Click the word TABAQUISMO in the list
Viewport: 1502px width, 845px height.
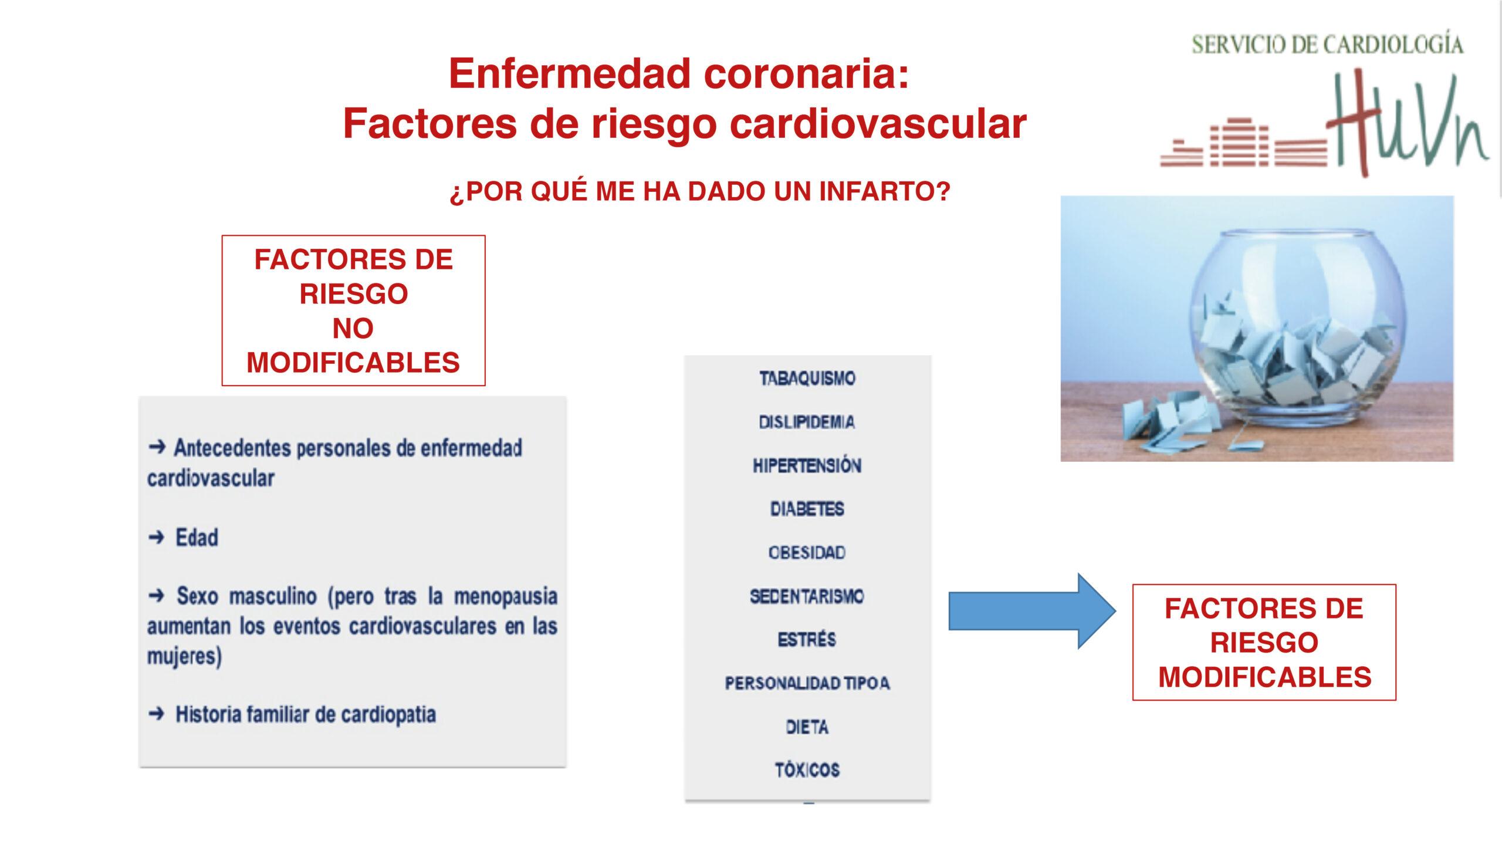[807, 378]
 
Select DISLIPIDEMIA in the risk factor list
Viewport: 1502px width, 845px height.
[807, 422]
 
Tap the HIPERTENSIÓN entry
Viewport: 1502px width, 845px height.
[807, 465]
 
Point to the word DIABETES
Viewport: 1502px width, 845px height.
[807, 509]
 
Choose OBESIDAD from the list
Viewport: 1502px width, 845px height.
[807, 553]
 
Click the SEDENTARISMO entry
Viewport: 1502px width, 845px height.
[807, 596]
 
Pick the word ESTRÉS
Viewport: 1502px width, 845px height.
[807, 639]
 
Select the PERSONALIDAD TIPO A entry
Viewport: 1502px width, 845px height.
[807, 683]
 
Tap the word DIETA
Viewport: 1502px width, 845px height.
[807, 727]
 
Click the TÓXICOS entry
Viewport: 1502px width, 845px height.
[807, 769]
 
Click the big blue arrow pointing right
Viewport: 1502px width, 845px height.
[1032, 611]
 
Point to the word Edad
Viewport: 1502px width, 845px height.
[197, 538]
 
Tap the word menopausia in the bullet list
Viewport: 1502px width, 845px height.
[506, 596]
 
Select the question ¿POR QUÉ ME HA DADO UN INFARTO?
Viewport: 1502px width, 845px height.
[700, 192]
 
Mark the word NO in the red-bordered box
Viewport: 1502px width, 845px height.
[353, 329]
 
